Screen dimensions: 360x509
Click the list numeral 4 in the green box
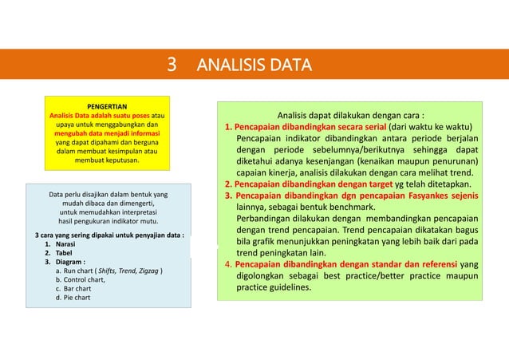coord(227,263)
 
